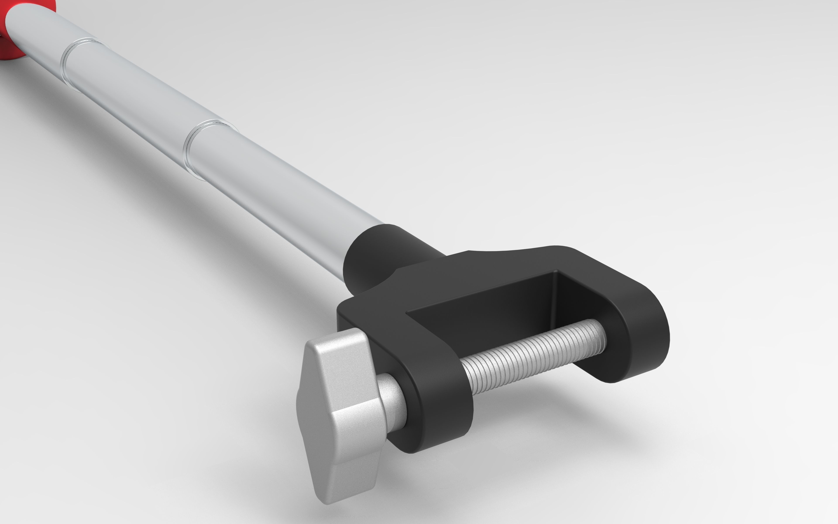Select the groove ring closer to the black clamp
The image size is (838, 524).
194,146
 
